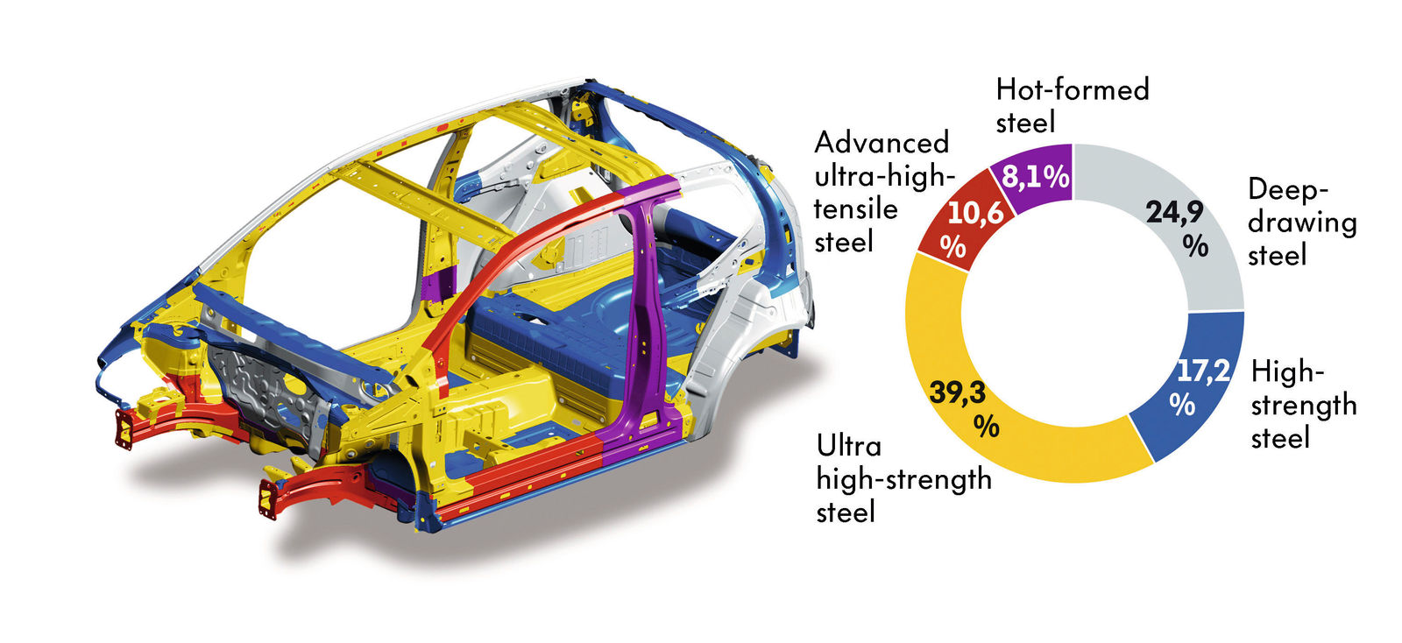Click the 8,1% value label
point(1036,177)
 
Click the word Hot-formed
point(1073,89)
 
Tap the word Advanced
point(882,144)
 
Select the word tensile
point(855,208)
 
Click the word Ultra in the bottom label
point(849,447)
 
